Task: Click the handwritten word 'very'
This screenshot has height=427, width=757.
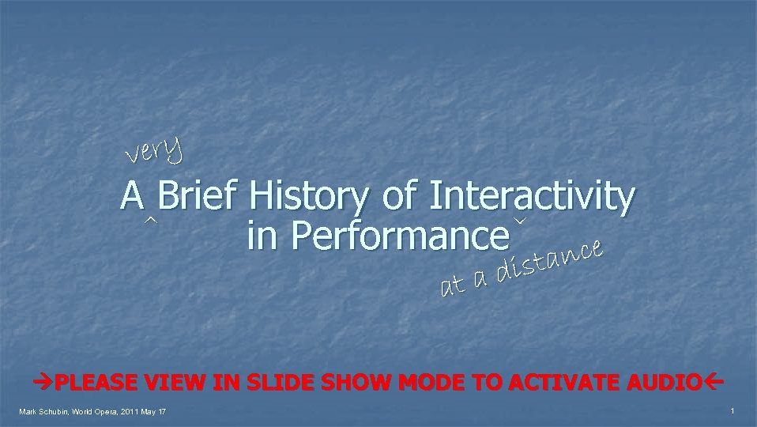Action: coord(155,149)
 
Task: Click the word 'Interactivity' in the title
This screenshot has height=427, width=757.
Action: coord(531,195)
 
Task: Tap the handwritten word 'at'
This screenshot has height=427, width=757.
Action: coord(453,286)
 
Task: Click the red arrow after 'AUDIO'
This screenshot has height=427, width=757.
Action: coord(714,382)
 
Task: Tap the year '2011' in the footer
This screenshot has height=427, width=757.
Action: coord(132,412)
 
